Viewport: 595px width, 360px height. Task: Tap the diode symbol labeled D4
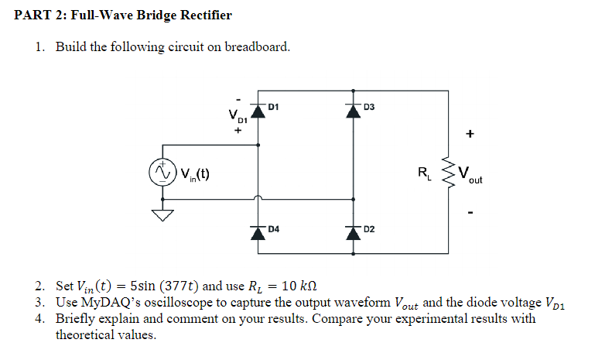point(258,231)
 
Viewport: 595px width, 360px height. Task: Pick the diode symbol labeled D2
point(354,231)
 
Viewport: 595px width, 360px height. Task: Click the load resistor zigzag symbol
point(447,171)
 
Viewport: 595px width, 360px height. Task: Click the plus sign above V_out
point(469,133)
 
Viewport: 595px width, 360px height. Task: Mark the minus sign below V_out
point(469,210)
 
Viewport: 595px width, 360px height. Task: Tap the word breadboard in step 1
point(257,46)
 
